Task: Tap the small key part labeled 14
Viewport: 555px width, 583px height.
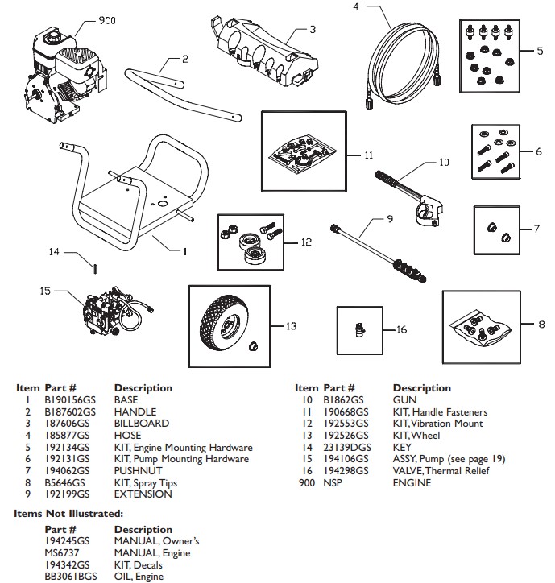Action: pyautogui.click(x=94, y=267)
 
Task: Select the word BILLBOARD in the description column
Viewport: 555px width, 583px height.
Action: pyautogui.click(x=142, y=423)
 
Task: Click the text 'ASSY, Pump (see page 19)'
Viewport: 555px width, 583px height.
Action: pyautogui.click(x=449, y=459)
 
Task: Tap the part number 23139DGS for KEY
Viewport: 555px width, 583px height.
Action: pyautogui.click(x=348, y=447)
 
